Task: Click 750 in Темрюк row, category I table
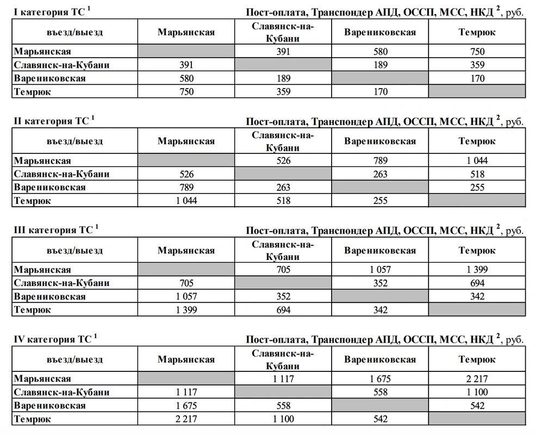186,92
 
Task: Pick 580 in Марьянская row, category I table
380,52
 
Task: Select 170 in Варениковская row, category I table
477,79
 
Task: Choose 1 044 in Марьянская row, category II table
477,161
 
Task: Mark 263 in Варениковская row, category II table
283,188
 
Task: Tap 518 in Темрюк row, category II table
283,201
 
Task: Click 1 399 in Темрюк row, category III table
186,310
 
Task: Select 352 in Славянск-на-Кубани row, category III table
380,283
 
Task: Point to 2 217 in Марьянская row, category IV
477,379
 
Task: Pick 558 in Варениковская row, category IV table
283,406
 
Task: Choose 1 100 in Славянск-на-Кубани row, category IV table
477,393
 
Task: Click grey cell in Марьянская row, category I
186,52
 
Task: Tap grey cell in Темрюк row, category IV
477,419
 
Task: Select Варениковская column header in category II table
380,141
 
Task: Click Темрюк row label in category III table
33,310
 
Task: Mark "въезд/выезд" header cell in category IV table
74,360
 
